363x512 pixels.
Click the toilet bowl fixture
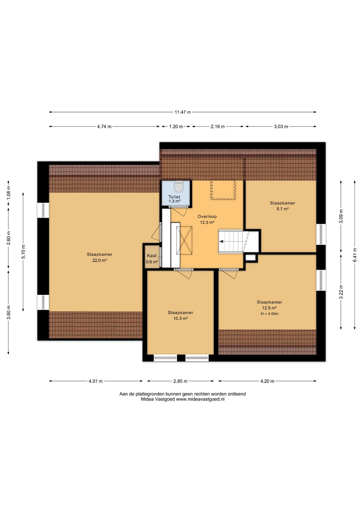178,186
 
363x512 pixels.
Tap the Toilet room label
174,197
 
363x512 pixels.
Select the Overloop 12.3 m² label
207,219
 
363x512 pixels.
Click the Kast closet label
152,256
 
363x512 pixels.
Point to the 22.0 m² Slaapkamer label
99,257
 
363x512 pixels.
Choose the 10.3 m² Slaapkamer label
180,315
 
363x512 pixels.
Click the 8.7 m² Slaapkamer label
282,206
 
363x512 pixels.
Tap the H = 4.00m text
270,314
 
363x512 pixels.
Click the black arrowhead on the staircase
221,241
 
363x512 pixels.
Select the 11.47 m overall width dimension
183,112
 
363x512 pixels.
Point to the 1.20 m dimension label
176,126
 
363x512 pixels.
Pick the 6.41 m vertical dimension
355,255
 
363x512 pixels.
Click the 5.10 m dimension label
24,252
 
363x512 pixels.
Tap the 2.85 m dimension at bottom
180,381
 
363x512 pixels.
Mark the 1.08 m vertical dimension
8,193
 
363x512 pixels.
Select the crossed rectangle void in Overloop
184,240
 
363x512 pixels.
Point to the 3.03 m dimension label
281,126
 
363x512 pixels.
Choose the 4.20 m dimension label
267,381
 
